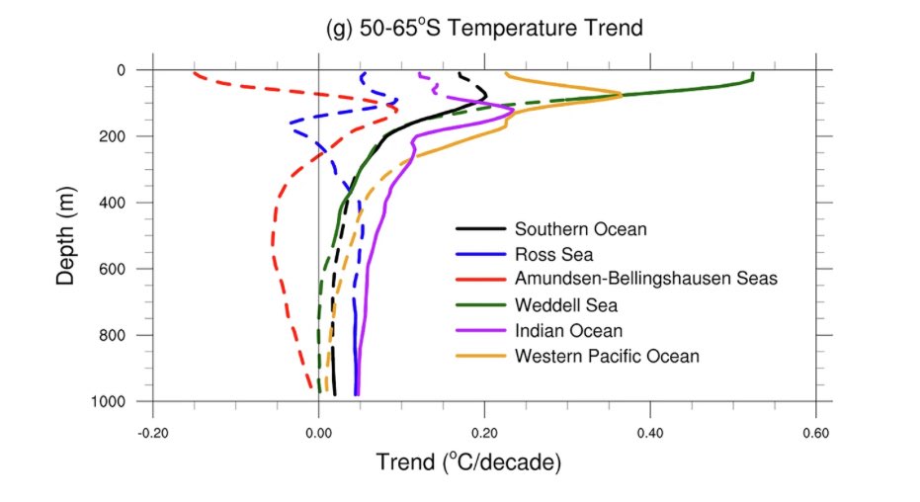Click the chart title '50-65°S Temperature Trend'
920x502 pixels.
[483, 29]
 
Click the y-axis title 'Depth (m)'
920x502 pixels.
[66, 235]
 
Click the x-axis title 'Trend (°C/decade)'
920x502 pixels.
[468, 460]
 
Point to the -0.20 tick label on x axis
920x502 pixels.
[152, 432]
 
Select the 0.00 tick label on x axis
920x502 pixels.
[318, 432]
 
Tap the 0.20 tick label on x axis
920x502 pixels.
[484, 432]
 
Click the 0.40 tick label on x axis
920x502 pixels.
[650, 432]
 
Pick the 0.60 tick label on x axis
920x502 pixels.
[815, 432]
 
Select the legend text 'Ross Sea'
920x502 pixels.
[555, 254]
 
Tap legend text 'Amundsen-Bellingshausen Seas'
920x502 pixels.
[646, 279]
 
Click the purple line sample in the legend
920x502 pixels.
[479, 330]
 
